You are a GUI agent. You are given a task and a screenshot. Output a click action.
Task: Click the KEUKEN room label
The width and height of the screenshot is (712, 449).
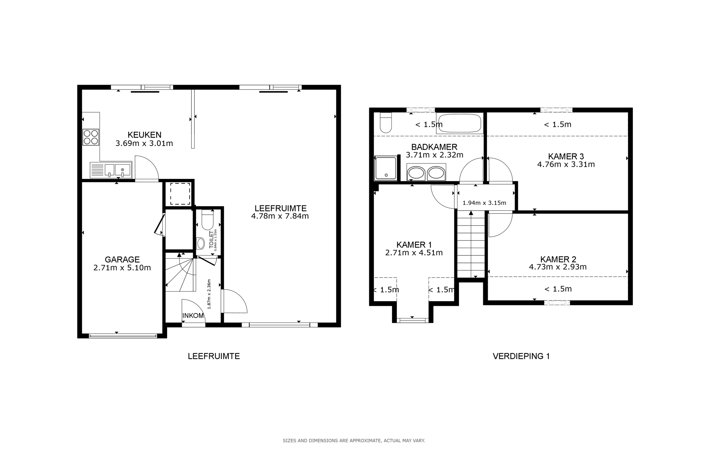point(144,135)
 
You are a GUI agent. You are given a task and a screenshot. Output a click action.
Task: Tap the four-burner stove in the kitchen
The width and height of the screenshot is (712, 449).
point(91,137)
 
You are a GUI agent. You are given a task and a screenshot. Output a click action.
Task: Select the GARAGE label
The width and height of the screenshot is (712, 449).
point(122,259)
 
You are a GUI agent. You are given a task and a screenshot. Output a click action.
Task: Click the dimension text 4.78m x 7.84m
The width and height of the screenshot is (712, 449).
point(280,216)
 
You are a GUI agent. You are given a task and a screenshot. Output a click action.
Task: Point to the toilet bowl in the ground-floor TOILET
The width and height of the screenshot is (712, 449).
point(207,220)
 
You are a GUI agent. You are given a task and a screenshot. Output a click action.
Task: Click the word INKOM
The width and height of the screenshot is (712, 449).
point(193,315)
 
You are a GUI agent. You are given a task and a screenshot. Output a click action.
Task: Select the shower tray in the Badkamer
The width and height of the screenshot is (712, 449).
point(385,168)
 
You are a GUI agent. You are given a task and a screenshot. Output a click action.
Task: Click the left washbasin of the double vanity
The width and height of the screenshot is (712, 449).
point(416,173)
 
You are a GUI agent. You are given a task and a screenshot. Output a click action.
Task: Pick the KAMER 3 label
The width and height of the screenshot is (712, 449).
point(566,156)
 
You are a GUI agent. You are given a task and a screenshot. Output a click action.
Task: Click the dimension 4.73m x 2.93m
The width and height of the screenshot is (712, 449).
point(558,267)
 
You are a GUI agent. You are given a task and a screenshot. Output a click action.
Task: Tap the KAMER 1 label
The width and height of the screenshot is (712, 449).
point(414,245)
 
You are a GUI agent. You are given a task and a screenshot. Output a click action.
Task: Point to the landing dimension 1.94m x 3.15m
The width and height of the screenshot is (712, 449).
point(484,203)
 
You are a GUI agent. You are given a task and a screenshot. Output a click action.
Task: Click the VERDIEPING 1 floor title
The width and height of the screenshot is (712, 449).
point(521,356)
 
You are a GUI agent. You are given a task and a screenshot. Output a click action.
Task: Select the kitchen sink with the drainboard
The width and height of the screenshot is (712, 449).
point(111,170)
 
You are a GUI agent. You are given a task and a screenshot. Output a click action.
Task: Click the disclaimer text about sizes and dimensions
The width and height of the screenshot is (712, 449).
point(354,440)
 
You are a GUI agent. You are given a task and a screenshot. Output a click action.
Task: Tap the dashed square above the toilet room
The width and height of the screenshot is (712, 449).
point(180,194)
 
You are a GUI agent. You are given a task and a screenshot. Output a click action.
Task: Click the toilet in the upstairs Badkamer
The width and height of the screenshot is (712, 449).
point(385,123)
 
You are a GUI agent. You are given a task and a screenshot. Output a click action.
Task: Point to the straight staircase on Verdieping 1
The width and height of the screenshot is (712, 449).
point(471,245)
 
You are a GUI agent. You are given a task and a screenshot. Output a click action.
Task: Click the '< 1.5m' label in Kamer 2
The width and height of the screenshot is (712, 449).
point(558,289)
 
